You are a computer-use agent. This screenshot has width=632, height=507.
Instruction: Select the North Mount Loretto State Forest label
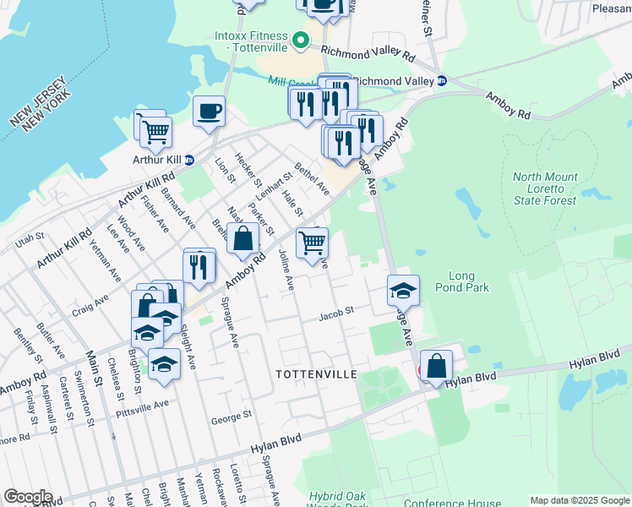[x=545, y=188]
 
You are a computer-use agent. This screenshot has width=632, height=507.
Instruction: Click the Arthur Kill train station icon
[x=189, y=159]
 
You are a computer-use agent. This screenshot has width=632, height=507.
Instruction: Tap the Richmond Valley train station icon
[x=441, y=81]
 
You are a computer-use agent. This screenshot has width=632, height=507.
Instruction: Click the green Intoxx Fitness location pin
[x=299, y=40]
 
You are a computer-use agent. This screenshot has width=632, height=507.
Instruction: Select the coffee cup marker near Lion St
[x=209, y=110]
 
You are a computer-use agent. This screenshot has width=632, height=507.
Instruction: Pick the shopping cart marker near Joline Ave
[x=312, y=243]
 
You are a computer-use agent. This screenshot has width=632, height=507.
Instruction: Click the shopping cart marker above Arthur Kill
[x=155, y=131]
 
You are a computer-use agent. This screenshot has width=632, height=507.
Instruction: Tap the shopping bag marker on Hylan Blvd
[x=436, y=366]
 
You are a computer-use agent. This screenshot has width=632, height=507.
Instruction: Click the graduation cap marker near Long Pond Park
[x=403, y=290]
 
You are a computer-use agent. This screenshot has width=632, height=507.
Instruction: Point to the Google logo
[x=28, y=497]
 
